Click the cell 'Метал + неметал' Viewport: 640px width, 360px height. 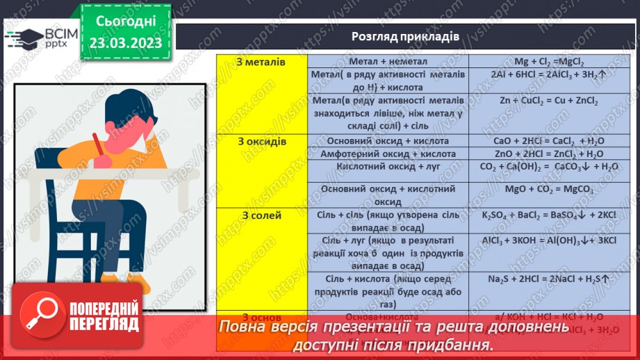[388, 63]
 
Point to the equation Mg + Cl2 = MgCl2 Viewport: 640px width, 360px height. [539, 63]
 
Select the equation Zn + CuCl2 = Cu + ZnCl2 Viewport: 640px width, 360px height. [539, 101]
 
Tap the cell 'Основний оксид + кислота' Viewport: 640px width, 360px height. [388, 141]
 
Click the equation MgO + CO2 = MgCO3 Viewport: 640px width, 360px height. [539, 189]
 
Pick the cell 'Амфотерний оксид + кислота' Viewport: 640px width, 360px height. [388, 154]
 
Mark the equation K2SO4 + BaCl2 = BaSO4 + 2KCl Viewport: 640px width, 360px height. [539, 216]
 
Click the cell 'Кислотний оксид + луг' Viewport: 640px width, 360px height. [388, 167]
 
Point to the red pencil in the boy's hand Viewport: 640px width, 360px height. [99, 147]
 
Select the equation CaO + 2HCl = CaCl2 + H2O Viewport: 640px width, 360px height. [539, 141]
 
